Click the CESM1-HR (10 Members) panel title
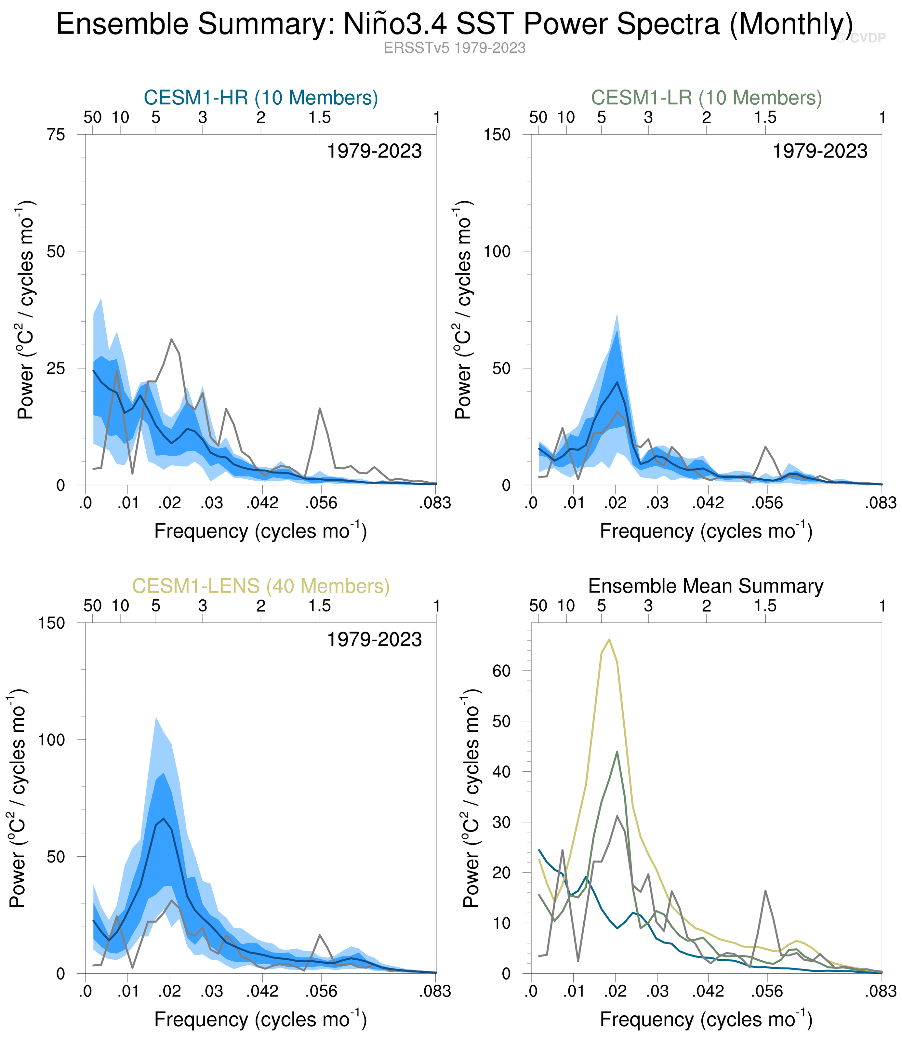click(x=261, y=98)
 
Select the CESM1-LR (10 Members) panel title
click(x=706, y=98)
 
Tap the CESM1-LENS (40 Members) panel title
click(x=261, y=586)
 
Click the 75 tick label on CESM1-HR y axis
click(x=56, y=135)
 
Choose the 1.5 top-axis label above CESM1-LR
click(x=765, y=118)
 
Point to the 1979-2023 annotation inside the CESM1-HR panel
click(x=375, y=152)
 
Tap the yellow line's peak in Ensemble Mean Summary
click(x=609, y=640)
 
